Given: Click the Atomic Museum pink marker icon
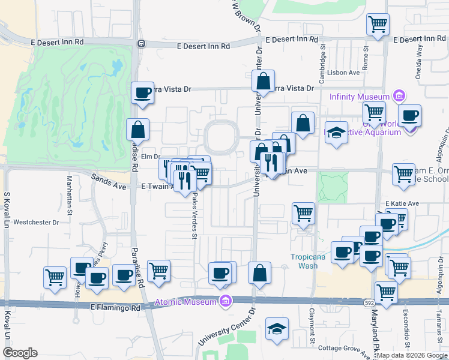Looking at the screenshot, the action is pyautogui.click(x=226, y=301).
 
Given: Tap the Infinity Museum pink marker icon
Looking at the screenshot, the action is pyautogui.click(x=399, y=96).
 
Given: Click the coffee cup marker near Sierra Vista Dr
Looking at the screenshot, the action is pyautogui.click(x=143, y=92).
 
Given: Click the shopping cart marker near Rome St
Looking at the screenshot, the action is pyautogui.click(x=378, y=24).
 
